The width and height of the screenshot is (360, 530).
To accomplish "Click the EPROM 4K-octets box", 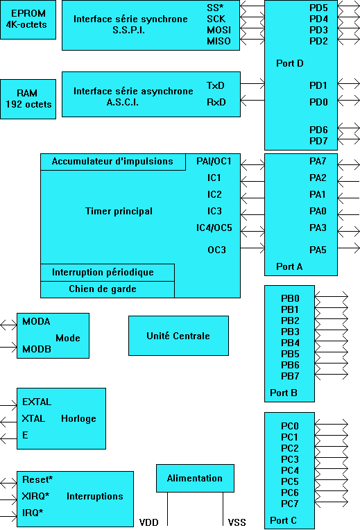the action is tap(28, 19).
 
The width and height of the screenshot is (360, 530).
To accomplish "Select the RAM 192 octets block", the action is tap(28, 99).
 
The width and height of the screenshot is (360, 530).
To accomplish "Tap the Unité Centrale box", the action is tap(178, 336).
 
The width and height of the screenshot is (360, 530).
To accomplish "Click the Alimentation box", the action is tap(195, 478).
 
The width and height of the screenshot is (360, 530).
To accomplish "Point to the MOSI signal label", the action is tap(218, 30).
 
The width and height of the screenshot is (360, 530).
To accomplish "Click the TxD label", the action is tap(215, 85).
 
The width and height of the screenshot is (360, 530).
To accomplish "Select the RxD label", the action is tap(216, 102).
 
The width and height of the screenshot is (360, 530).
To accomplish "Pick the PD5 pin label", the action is tap(318, 8).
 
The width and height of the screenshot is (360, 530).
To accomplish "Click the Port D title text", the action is tap(290, 63).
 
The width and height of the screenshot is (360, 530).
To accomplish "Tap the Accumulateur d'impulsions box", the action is tap(113, 162).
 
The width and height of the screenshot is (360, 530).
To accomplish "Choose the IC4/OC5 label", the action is tap(214, 228).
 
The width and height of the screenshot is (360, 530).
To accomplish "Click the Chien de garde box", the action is tap(108, 289).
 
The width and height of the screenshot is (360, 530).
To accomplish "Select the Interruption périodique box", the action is tap(108, 273).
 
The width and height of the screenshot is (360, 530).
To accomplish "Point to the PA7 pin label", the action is tap(318, 161).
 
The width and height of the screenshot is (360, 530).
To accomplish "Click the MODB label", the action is tap(37, 349).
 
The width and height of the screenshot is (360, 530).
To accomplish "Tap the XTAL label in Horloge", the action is tap(33, 418).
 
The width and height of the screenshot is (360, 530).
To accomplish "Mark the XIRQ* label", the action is tap(35, 496).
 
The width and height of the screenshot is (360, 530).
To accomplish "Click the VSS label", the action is tap(237, 522).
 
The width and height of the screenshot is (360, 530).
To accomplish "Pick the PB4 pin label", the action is tap(290, 343).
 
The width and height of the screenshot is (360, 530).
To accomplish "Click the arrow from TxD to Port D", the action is tap(252, 83).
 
